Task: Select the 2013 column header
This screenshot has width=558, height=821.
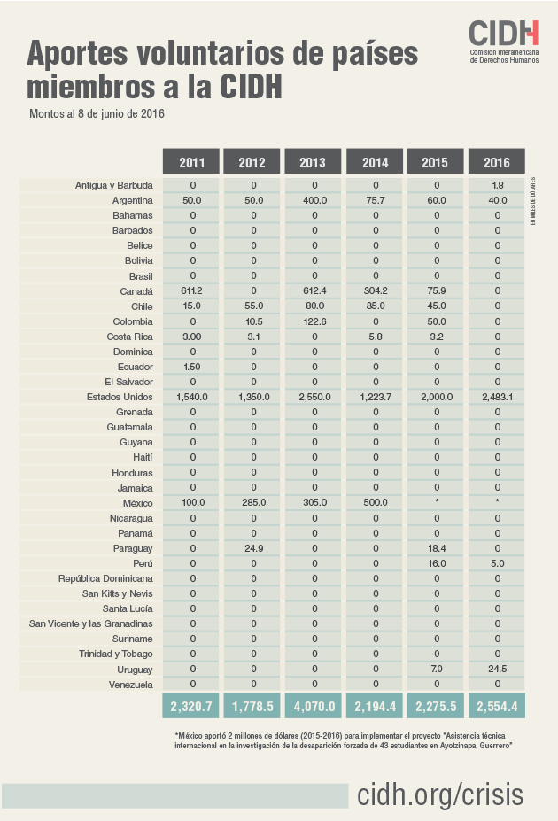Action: (x=314, y=162)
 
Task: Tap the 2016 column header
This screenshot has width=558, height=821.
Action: (x=497, y=162)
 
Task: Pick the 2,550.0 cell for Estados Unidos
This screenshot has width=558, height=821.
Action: (x=314, y=397)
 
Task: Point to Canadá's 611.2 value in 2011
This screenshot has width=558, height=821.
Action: (x=192, y=291)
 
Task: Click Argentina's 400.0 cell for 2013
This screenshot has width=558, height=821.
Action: (x=314, y=201)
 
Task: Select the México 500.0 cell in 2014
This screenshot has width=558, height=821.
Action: (x=376, y=502)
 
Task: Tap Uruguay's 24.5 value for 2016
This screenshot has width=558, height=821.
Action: (x=497, y=669)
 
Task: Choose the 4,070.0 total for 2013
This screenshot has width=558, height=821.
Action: (x=314, y=707)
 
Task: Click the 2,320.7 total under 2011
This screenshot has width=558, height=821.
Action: (x=192, y=707)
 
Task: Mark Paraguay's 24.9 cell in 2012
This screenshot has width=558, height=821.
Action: (x=252, y=548)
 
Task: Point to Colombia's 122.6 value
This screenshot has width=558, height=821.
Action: (x=314, y=321)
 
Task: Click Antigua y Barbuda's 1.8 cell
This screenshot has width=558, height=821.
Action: (x=497, y=185)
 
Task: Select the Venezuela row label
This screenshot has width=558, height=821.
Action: (x=128, y=685)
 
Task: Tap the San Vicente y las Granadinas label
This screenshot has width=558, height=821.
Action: (x=91, y=623)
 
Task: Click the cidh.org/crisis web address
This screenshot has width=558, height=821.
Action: (x=440, y=794)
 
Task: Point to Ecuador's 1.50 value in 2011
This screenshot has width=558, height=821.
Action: (x=192, y=367)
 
